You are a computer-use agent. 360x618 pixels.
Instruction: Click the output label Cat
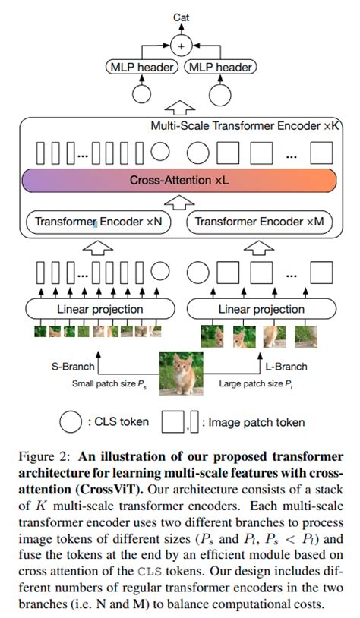tap(182, 16)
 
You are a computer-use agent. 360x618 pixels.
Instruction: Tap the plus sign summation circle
tap(181, 46)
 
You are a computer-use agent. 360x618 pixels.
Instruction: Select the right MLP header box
tap(219, 68)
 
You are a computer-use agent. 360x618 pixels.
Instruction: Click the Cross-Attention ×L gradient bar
tap(180, 181)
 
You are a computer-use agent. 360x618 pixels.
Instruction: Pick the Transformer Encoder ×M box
tap(261, 222)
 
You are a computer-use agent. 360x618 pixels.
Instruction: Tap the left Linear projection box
tap(99, 309)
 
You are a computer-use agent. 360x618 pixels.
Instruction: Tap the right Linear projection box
tap(261, 309)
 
